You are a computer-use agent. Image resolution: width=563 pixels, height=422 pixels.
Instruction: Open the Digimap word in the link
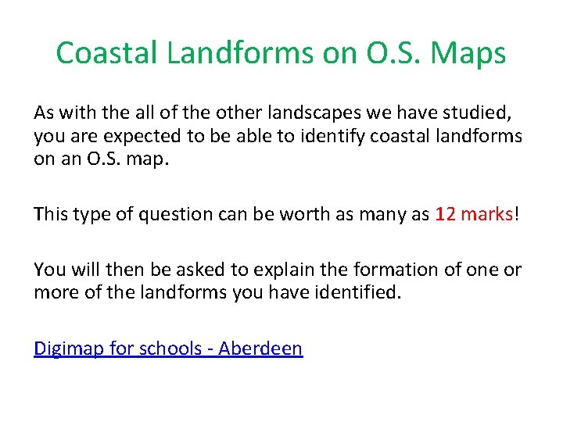[x=68, y=349]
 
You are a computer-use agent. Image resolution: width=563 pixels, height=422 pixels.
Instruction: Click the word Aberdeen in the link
[x=260, y=349]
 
